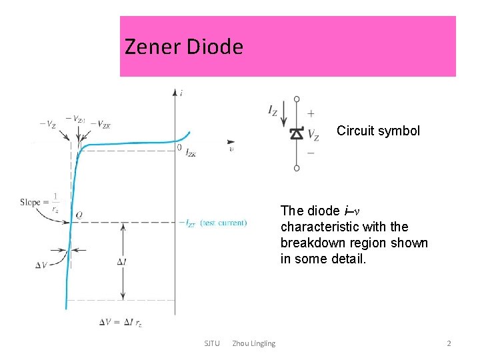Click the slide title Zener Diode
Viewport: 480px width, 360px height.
(184, 47)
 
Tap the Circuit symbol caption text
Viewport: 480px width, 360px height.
(378, 131)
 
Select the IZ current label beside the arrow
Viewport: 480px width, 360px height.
(273, 111)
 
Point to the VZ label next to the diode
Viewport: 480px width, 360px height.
(312, 136)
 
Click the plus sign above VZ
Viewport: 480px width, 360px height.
(311, 114)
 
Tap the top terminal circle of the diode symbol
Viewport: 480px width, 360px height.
(297, 99)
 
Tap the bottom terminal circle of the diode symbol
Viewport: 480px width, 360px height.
(297, 167)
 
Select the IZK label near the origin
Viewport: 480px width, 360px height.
(190, 154)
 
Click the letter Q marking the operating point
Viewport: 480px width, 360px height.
(79, 215)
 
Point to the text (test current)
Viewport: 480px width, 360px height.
(223, 223)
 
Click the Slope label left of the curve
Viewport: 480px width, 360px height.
(31, 202)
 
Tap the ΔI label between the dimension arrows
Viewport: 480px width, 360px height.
(121, 262)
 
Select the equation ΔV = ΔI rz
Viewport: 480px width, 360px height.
(121, 323)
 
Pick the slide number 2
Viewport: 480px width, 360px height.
(449, 343)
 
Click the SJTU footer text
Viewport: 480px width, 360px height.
(211, 343)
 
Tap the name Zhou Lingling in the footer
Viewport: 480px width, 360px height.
(253, 343)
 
